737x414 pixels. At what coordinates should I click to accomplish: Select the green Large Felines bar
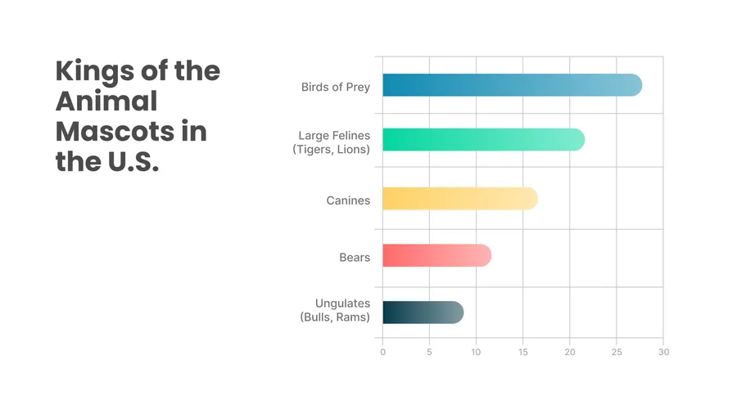tap(483, 140)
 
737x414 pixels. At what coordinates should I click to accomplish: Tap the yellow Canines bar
tap(459, 198)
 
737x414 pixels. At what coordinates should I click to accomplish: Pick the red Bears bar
tap(436, 255)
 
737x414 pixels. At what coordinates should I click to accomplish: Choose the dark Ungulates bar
tap(423, 313)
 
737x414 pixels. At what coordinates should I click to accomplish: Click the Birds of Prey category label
tap(336, 87)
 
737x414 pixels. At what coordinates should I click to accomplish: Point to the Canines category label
tap(348, 200)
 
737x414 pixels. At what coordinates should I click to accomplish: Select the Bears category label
tap(355, 258)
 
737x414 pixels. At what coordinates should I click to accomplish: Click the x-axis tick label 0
tap(382, 353)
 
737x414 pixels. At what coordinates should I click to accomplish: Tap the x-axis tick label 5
tap(429, 353)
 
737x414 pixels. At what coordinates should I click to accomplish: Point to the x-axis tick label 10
tap(476, 353)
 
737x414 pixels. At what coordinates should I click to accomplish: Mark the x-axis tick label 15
tap(523, 353)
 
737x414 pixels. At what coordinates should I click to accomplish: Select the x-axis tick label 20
tap(570, 353)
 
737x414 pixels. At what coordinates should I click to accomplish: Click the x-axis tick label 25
tap(617, 353)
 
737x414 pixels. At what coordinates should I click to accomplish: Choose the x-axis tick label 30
tap(663, 353)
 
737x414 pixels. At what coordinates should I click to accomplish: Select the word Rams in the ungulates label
tap(353, 317)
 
